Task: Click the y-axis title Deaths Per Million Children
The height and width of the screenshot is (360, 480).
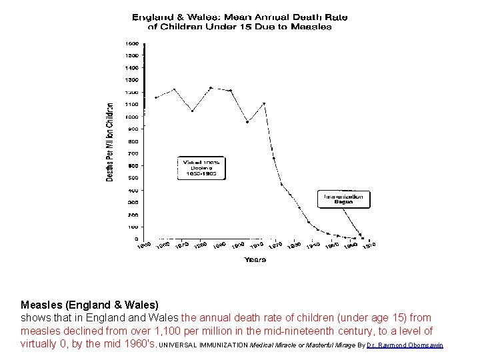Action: coord(110,142)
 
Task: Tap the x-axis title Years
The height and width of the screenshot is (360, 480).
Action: coord(255,259)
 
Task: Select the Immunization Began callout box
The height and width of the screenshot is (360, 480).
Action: coord(344,199)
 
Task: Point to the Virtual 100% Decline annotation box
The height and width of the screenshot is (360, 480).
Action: coord(201,168)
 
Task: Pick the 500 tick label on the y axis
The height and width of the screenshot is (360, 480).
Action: coord(133,178)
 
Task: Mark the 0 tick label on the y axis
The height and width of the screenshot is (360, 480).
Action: coord(137,239)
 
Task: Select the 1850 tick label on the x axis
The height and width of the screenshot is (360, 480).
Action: coord(144,246)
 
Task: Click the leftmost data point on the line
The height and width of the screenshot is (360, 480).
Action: coord(156,97)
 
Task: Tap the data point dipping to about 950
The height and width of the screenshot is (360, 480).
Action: coord(247,121)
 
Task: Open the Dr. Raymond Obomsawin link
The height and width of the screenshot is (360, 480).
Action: coord(405,345)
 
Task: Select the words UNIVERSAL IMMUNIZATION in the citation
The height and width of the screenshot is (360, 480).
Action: coord(203,345)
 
